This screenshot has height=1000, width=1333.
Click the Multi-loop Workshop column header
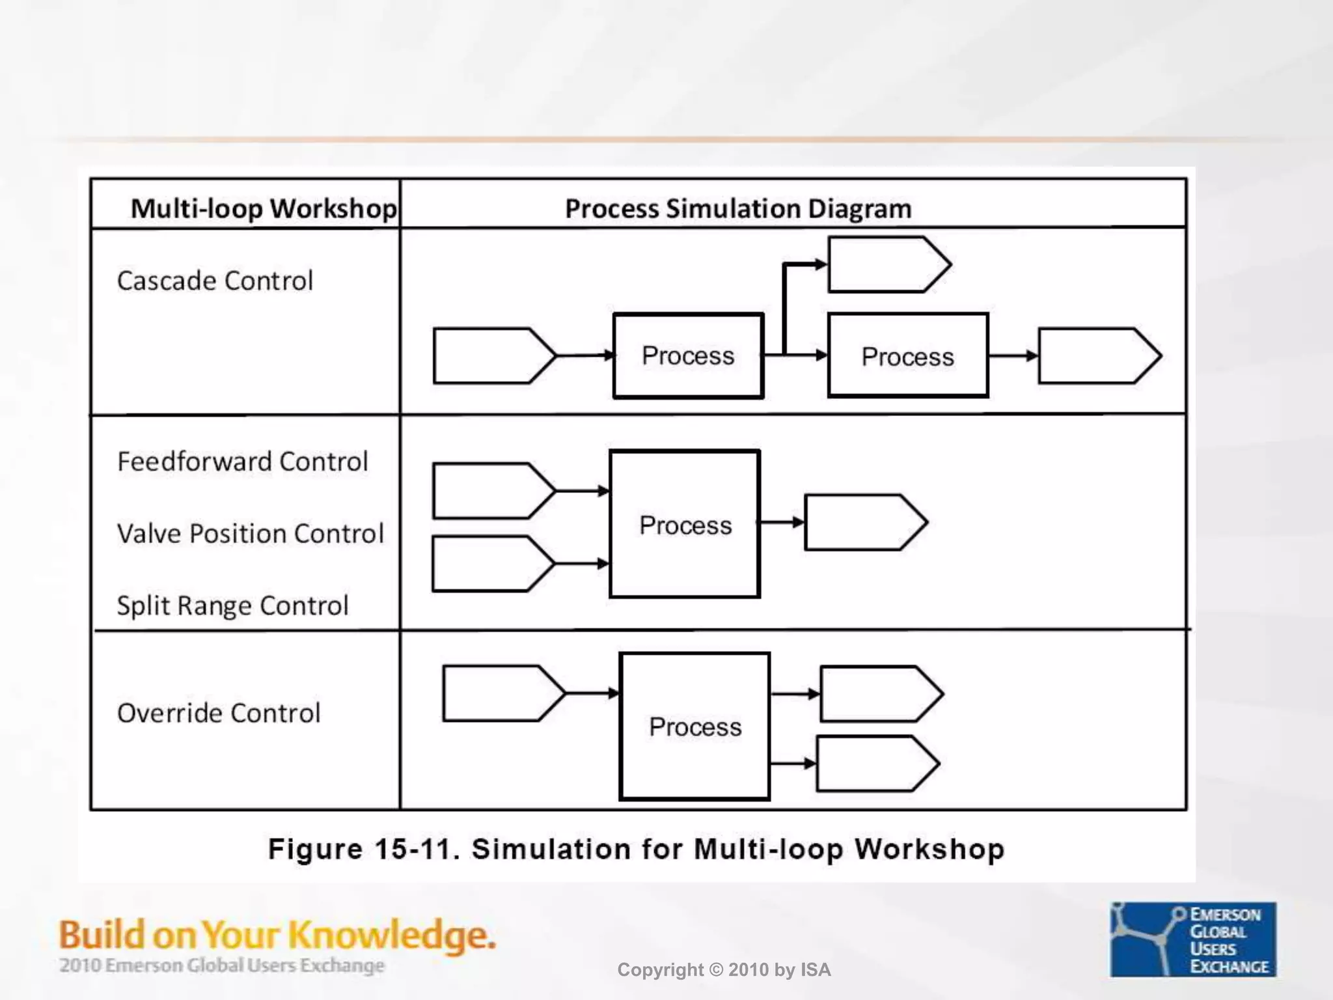click(263, 208)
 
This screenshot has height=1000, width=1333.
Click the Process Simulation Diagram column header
click(737, 208)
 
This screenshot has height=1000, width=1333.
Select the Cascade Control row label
click(215, 281)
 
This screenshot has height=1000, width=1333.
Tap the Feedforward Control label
click(242, 462)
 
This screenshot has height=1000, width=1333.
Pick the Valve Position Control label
click(250, 533)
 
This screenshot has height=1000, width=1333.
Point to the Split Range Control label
click(232, 605)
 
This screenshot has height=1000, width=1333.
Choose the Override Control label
click(219, 713)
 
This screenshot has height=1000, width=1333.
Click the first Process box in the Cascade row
click(688, 355)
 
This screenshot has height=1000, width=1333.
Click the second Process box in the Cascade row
click(907, 355)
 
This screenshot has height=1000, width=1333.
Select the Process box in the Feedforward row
click(685, 524)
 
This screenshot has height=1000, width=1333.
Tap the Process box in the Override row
click(694, 726)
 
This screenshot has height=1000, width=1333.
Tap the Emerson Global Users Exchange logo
click(1192, 939)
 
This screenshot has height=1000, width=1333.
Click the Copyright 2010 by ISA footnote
click(724, 970)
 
